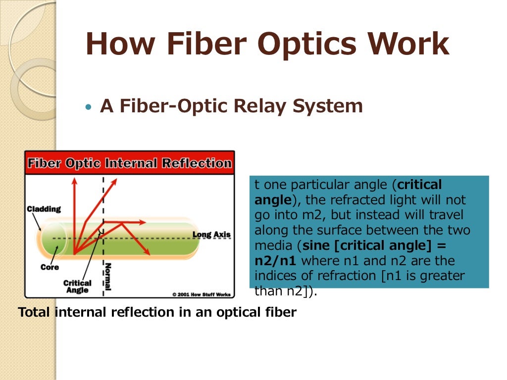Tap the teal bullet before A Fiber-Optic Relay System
click(x=89, y=107)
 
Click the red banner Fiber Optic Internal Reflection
click(x=129, y=163)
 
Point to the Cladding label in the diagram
click(x=44, y=209)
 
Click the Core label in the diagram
click(x=50, y=267)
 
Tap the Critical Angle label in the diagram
click(x=77, y=286)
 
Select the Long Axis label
click(x=211, y=235)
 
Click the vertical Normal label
click(x=108, y=277)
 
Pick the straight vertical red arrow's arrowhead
click(x=75, y=182)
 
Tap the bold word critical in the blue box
click(x=419, y=185)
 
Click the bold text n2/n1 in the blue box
click(x=275, y=260)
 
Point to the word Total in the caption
click(x=35, y=312)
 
